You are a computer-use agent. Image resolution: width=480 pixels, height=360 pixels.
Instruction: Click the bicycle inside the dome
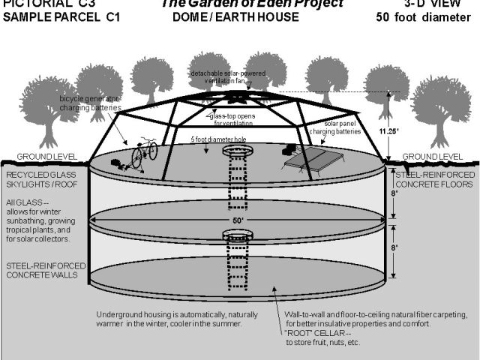click(x=144, y=154)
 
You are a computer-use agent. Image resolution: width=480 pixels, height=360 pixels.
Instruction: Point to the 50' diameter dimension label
click(x=238, y=220)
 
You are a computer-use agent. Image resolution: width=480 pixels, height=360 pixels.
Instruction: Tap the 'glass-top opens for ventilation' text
click(x=226, y=118)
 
